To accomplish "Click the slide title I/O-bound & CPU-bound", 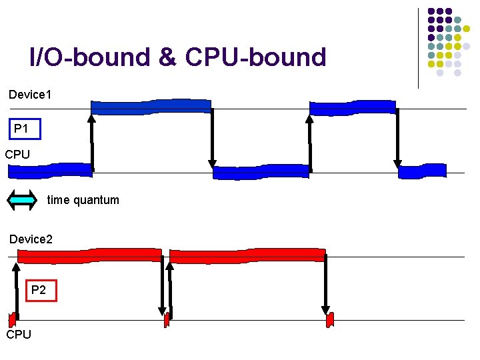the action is [178, 58].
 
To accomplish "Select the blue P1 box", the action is [25, 129].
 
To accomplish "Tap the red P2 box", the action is [39, 290].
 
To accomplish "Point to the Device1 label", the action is [30, 95].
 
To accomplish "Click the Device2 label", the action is [31, 239].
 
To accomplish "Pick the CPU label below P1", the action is [17, 155].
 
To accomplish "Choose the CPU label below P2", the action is [19, 334].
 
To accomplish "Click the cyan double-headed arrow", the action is [22, 199].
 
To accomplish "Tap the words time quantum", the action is [83, 200].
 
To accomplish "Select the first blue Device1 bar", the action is [151, 107].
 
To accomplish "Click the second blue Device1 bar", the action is [353, 107].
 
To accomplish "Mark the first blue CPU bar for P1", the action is [50, 170].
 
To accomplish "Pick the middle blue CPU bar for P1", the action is [261, 173].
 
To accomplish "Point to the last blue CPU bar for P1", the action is [422, 171].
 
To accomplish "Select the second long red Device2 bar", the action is [247, 255].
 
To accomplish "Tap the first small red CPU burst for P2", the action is [12, 319].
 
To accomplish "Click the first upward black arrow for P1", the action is [92, 143].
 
